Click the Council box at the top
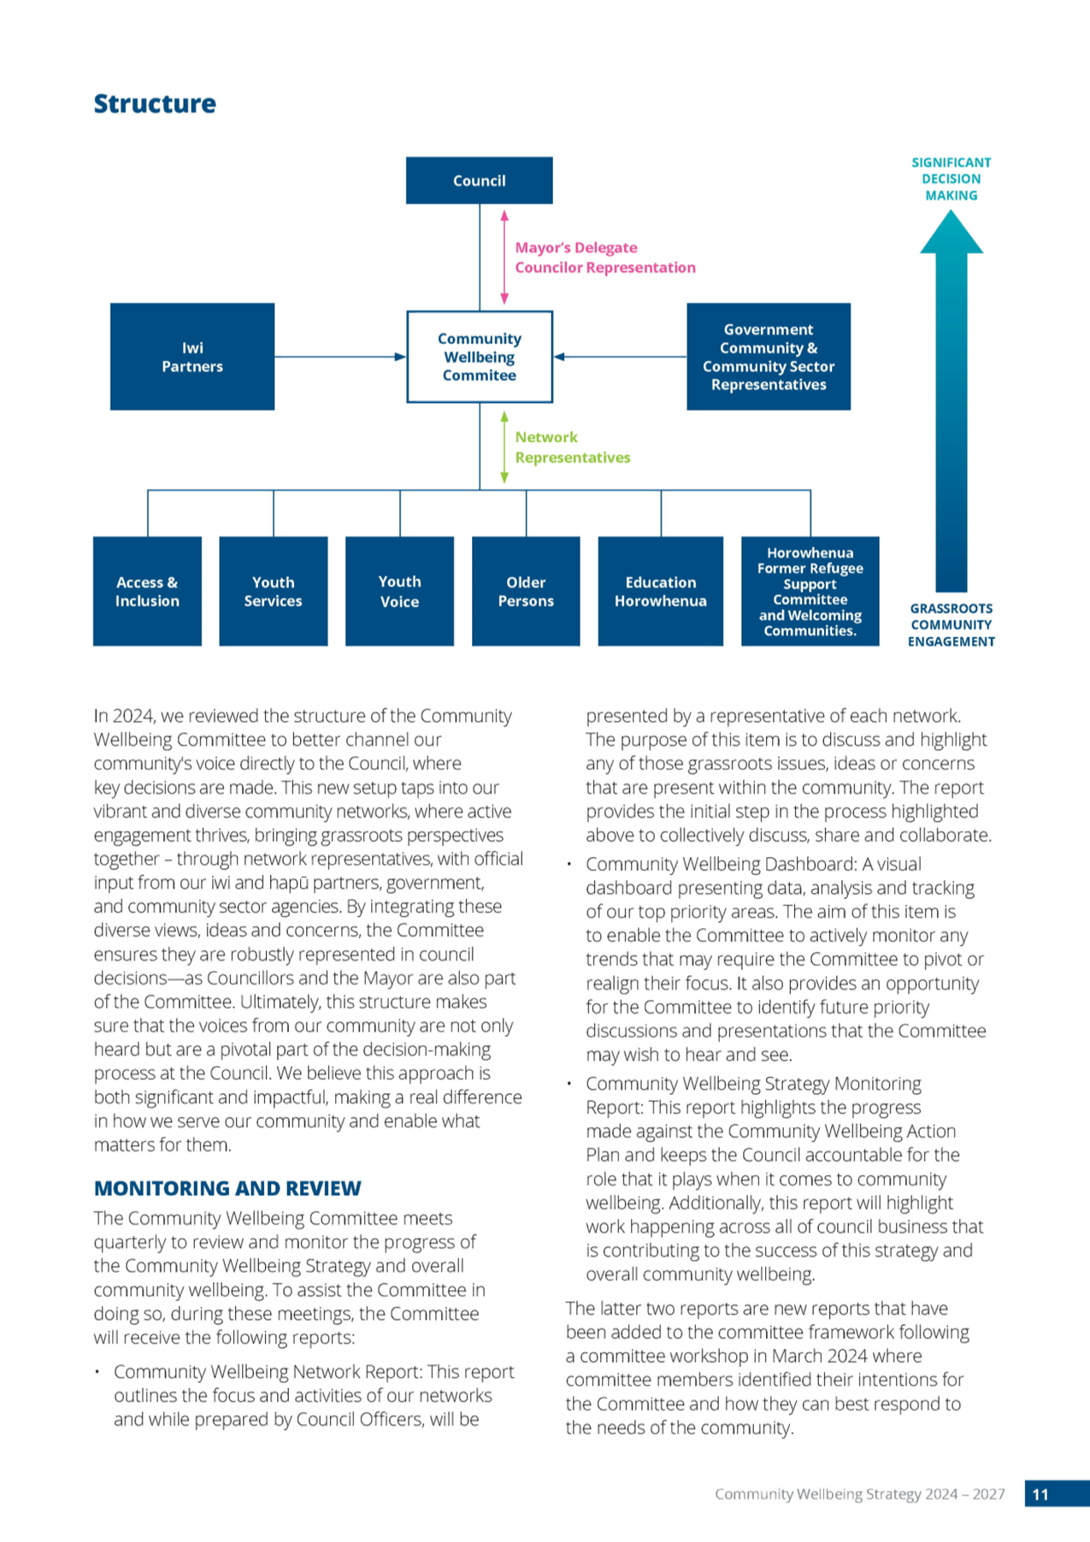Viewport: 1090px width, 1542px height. coord(479,180)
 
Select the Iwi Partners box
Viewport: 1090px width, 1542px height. coord(192,357)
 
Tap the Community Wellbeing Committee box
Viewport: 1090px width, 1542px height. coord(480,357)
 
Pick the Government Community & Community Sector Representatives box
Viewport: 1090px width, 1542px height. coord(769,357)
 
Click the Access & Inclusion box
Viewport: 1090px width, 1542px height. coord(147,591)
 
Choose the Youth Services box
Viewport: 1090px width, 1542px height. coord(274,591)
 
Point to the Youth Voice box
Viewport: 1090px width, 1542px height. coord(399,591)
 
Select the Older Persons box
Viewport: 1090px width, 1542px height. coord(526,591)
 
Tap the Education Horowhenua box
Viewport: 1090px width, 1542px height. coord(661,591)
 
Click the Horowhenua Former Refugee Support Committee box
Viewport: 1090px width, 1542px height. coord(810,591)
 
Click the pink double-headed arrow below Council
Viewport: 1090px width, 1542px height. coord(504,257)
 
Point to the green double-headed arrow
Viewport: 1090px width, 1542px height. coord(504,447)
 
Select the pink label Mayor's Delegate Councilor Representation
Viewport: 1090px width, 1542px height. coord(605,257)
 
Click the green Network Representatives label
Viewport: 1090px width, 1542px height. coord(573,447)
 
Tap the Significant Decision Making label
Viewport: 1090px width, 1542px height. coord(952,179)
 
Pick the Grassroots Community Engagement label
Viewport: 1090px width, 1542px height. coord(952,625)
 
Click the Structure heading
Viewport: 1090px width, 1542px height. coord(155,103)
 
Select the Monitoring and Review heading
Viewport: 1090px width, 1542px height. coord(227,1188)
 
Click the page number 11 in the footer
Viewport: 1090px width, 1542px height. coord(1040,1494)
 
